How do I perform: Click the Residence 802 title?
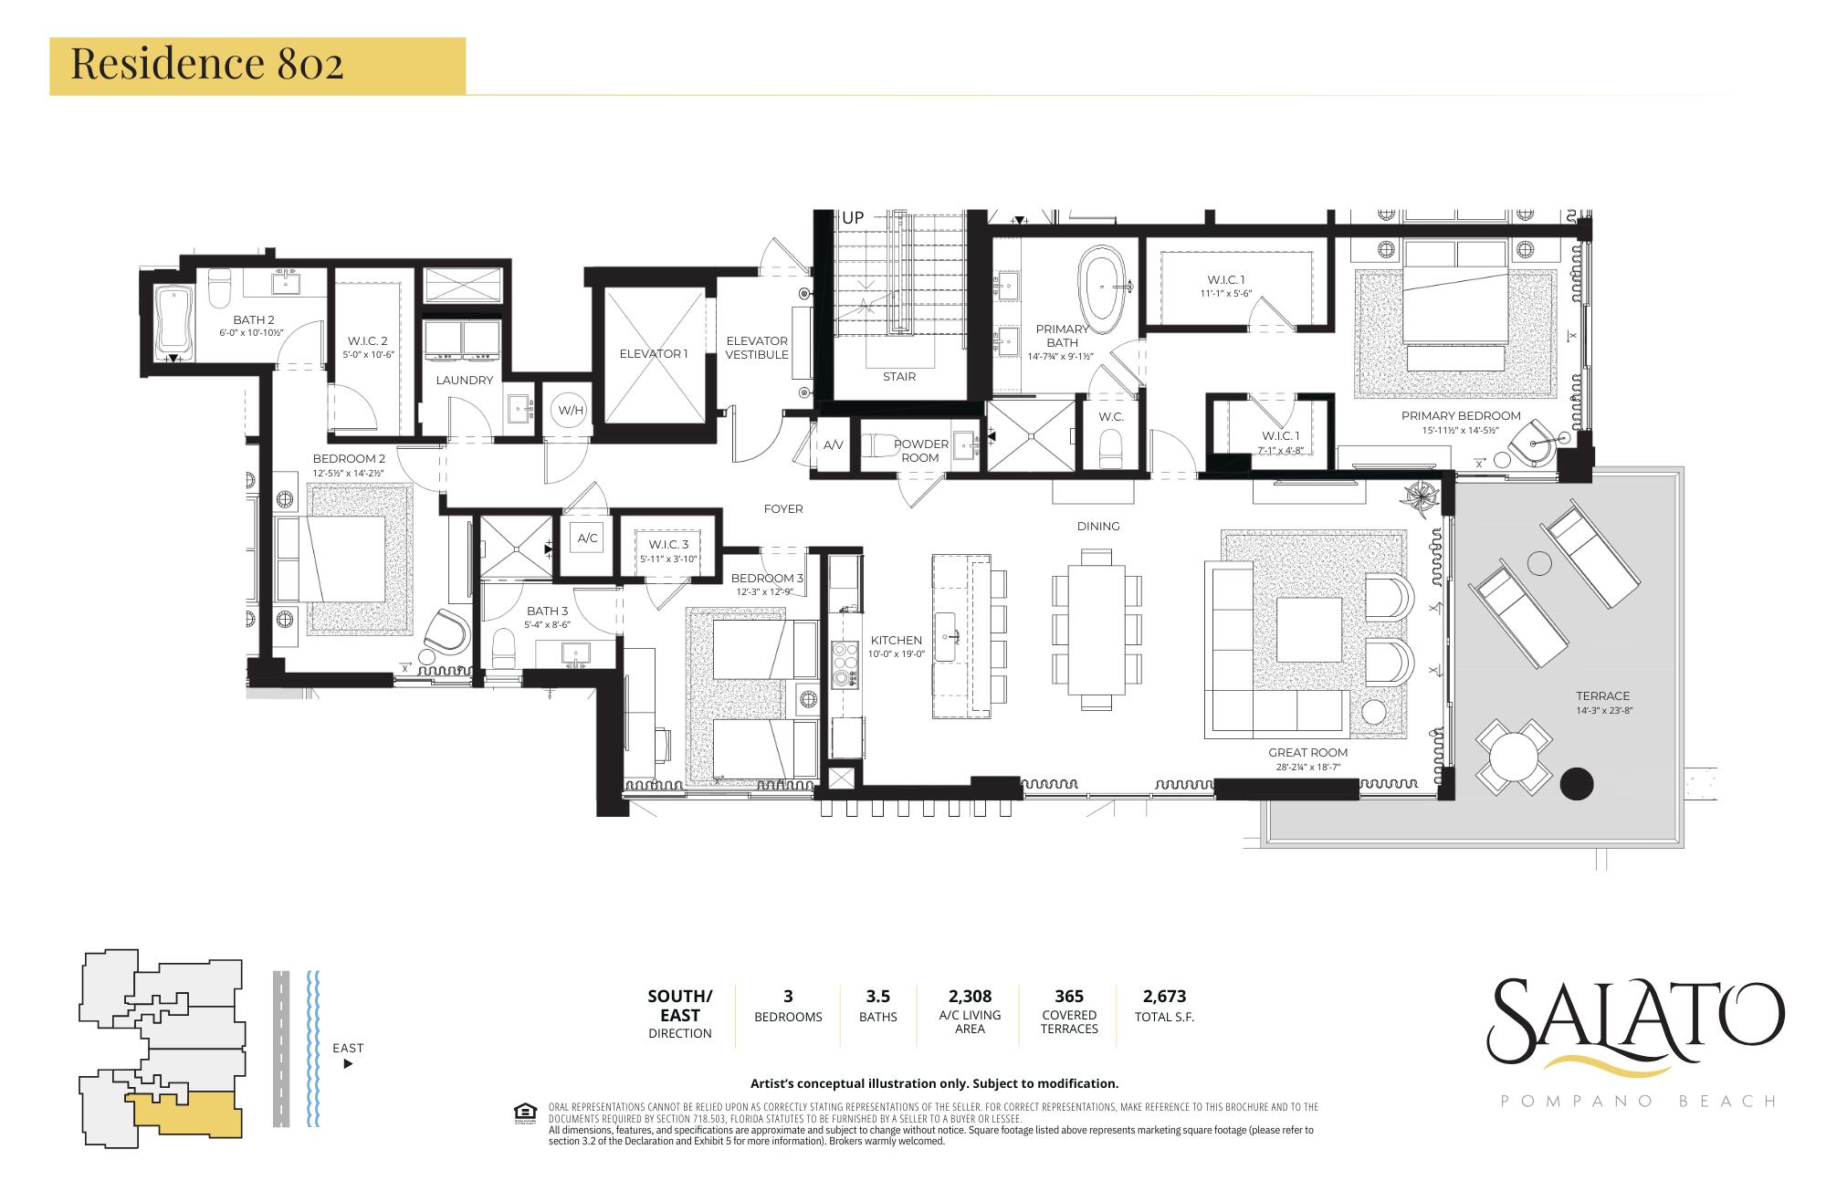207,65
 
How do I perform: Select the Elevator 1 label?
653,354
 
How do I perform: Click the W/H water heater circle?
571,411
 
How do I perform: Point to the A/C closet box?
588,538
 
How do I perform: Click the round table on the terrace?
1514,757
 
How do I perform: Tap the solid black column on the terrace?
1576,783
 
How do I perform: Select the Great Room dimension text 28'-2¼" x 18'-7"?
1307,768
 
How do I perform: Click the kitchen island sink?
950,630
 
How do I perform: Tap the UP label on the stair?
853,219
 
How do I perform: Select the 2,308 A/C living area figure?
970,996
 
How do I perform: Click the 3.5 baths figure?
877,996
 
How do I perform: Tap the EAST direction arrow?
348,1064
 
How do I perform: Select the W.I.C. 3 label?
668,545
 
